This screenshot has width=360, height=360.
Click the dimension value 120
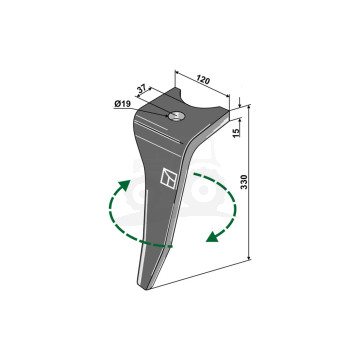(203, 80)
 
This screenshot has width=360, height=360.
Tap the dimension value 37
(142, 89)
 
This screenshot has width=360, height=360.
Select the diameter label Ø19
(122, 104)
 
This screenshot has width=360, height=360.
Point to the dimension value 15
(236, 133)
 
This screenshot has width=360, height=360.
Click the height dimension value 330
(244, 182)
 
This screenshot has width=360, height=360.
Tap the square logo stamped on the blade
(169, 177)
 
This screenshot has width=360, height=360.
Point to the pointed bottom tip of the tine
(146, 289)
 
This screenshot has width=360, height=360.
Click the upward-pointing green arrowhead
(125, 185)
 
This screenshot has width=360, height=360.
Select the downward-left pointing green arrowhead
(212, 236)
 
